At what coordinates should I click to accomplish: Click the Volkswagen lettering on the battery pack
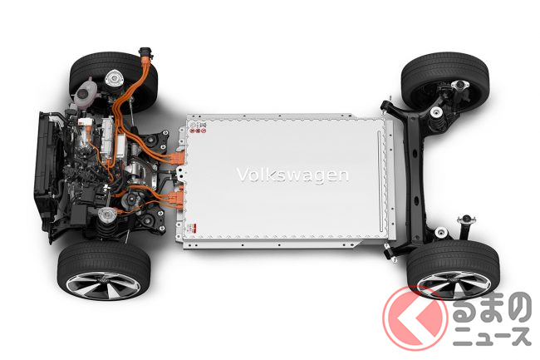coord(292,175)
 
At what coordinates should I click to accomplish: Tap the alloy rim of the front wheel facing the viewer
coord(103,285)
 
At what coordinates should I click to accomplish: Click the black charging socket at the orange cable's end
coord(145,54)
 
